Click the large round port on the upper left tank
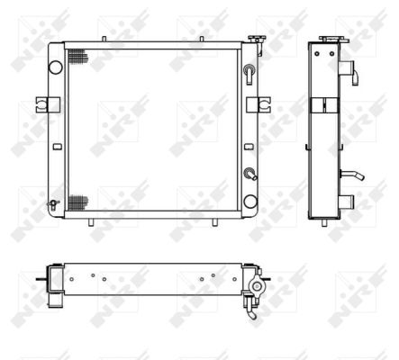click(56, 67)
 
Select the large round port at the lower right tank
click(250, 202)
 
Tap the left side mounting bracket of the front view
click(48, 104)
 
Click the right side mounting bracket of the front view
click(258, 104)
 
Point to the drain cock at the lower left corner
click(53, 204)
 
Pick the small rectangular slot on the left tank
click(58, 147)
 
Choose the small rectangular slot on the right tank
click(249, 147)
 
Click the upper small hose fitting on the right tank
click(249, 73)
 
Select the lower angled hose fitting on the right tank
click(250, 175)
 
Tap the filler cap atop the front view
click(257, 39)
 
